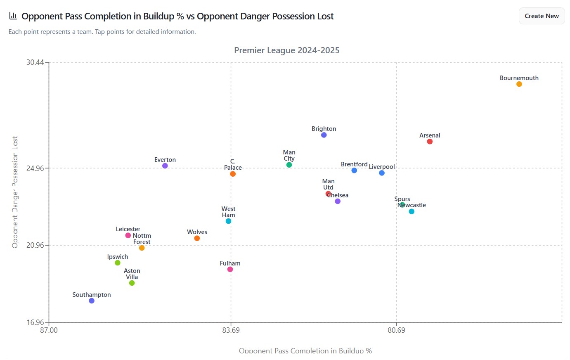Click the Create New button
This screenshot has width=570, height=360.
542,16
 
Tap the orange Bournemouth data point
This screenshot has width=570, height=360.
519,84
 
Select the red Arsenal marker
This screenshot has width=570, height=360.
430,142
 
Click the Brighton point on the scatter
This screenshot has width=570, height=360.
324,135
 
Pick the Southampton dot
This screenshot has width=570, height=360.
92,301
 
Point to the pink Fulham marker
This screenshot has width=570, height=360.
230,270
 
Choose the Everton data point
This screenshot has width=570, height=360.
165,166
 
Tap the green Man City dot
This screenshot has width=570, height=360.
289,165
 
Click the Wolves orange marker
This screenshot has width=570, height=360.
197,238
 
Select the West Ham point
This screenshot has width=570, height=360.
228,221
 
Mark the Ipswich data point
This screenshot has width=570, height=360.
118,263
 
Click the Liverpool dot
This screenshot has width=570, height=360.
382,173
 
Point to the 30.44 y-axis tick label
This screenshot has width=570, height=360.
35,62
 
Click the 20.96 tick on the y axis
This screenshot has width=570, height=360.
35,245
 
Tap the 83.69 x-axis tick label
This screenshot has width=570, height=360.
231,330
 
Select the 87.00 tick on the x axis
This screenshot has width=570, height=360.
49,330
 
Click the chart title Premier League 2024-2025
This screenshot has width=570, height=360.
287,50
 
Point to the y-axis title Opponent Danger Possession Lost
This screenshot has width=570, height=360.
15,192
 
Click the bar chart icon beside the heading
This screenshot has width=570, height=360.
13,16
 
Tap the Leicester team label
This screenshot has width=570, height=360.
128,229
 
